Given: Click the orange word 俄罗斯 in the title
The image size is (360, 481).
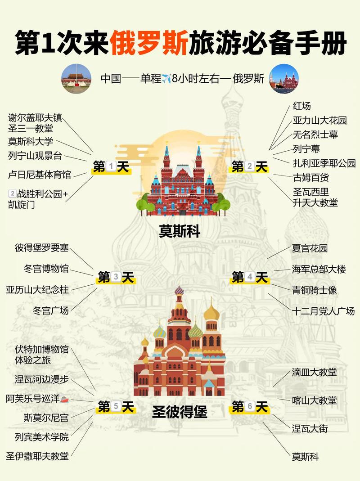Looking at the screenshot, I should point(150,43).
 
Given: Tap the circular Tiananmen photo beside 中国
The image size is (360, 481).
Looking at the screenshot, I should point(76,79).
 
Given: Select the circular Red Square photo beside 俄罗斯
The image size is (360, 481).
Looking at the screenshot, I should point(283,79).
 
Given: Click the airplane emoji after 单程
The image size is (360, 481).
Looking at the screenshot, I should point(167,79).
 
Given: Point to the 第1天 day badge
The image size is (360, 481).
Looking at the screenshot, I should point(111,167).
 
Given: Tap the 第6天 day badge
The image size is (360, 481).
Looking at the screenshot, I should point(250,407).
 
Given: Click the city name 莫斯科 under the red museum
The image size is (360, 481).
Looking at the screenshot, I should point(180,231).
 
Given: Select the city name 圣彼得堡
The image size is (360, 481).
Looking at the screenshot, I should point(180,412).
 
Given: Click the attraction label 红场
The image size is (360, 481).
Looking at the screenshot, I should point(301,106).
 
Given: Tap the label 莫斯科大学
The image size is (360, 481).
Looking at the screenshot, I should point(31,141).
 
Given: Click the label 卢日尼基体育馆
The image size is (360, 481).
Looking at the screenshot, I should point(40,174).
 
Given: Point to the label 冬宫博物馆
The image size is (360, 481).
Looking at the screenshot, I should point(46,269).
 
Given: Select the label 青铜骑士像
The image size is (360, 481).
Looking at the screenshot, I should point(315,290).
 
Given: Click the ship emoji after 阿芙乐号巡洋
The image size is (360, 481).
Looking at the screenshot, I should point(64,399).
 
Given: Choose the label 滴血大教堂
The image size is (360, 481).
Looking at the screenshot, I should point(314,372).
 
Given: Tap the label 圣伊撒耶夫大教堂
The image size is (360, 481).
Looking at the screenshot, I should point(37,456).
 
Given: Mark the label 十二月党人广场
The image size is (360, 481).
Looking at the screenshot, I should point(323,311).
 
